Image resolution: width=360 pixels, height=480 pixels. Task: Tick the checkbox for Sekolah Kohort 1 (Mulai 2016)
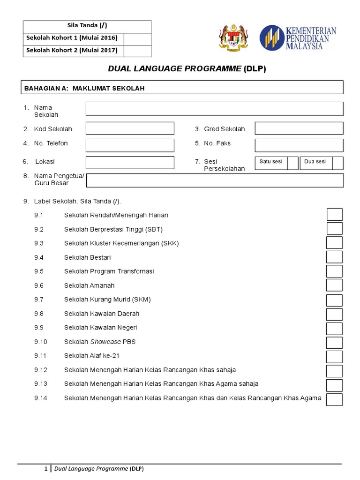137,38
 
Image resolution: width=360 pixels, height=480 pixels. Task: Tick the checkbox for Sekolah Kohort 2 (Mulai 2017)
137,51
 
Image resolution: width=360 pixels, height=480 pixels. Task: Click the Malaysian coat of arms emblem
232,38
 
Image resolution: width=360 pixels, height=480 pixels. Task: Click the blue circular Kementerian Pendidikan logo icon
271,38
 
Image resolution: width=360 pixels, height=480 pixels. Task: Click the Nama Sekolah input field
214,109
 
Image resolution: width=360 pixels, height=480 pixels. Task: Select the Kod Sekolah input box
129,128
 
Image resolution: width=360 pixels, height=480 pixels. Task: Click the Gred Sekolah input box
299,128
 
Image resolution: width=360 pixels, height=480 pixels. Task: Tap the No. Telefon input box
129,145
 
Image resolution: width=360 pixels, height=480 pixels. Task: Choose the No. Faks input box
299,145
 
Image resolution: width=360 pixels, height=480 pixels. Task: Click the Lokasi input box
129,163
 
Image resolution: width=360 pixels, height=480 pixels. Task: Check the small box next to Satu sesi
293,163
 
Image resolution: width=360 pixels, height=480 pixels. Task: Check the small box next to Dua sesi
338,163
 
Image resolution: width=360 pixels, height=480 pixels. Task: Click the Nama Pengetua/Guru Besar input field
215,180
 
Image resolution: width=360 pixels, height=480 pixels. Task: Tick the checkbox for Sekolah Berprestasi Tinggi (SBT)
335,229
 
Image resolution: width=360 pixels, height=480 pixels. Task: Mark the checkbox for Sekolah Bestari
335,257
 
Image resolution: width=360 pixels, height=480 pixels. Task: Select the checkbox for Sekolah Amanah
335,285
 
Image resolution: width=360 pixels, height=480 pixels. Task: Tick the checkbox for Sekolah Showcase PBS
335,342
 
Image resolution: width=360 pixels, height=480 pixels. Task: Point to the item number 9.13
41,384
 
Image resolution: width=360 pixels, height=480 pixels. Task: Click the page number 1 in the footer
45,468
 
